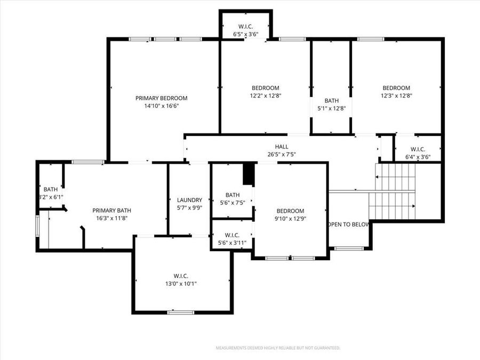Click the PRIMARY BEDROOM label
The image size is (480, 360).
click(x=161, y=98)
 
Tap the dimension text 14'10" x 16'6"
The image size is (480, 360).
click(x=161, y=106)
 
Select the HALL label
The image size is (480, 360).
click(x=282, y=147)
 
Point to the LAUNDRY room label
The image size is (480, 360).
click(x=189, y=200)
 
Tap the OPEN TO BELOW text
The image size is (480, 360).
click(x=348, y=225)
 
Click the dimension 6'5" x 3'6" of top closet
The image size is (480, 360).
click(x=246, y=34)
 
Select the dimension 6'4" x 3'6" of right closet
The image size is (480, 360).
click(x=418, y=157)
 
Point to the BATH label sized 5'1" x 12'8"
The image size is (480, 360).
click(x=331, y=100)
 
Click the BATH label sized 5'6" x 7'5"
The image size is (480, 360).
click(x=232, y=195)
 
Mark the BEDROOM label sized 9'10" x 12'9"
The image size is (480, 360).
click(x=290, y=211)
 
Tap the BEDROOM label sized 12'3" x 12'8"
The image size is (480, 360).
click(x=396, y=88)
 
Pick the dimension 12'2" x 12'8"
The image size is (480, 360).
click(x=265, y=96)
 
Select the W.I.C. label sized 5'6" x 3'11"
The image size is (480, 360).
click(x=232, y=235)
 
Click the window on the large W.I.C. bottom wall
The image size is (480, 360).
click(x=181, y=312)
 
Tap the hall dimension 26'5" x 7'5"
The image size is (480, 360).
click(x=282, y=155)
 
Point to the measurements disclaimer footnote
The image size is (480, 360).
click(x=277, y=348)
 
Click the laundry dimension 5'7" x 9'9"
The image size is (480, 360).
click(x=189, y=208)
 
